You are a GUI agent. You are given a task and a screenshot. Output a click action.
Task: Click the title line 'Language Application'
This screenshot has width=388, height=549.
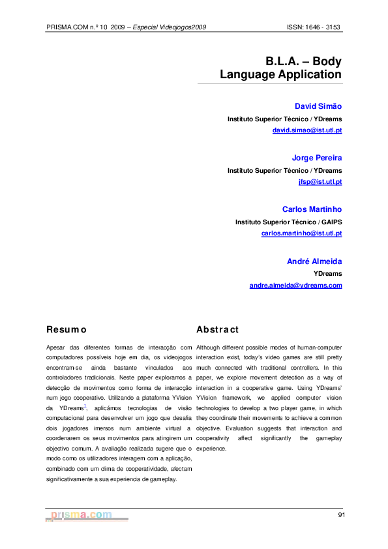[280, 75]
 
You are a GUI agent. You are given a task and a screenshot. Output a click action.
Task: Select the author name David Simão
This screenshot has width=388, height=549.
[318, 106]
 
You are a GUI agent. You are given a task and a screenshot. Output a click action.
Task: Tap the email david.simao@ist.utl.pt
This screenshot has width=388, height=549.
[307, 130]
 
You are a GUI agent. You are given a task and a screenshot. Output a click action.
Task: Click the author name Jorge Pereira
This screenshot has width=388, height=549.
[316, 158]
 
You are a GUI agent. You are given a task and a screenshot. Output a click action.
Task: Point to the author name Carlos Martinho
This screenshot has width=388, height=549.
[312, 209]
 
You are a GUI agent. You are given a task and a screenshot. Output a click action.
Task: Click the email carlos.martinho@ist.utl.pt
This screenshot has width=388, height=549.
[301, 233]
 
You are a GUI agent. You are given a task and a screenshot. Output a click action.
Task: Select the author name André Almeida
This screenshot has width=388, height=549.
[314, 261]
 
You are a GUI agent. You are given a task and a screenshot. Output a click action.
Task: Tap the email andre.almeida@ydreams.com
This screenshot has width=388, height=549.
[295, 285]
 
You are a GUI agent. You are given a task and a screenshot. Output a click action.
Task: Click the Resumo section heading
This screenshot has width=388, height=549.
[67, 330]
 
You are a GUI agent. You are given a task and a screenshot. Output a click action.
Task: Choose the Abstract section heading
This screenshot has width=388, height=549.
[218, 330]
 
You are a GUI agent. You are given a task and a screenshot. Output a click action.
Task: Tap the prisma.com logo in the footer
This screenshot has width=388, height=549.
[82, 515]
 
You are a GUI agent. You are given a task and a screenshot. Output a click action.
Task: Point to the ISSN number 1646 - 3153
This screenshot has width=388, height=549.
[324, 27]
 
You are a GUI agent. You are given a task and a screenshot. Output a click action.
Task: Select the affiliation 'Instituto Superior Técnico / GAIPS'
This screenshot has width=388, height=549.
[288, 222]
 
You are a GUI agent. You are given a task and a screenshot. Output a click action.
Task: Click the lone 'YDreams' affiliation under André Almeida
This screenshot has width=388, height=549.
[328, 274]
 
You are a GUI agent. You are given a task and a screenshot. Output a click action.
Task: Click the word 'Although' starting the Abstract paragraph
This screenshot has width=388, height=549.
[209, 348]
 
